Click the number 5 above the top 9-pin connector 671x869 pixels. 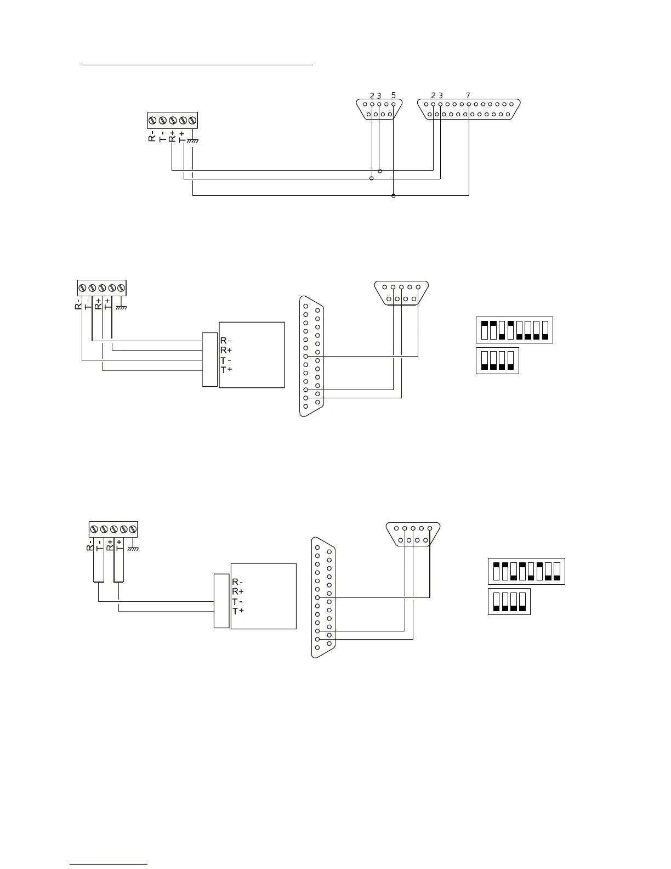[394, 95]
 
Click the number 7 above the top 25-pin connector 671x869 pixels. [468, 95]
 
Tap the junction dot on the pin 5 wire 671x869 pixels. [394, 196]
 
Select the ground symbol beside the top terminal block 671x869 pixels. [192, 141]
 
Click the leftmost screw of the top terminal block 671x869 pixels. [153, 120]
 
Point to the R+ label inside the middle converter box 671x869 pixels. [225, 350]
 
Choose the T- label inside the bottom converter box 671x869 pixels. [237, 601]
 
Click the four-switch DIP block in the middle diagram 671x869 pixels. [497, 360]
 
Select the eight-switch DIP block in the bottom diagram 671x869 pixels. [526, 571]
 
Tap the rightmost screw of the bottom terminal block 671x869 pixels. [132, 529]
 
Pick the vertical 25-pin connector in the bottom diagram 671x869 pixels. [323, 597]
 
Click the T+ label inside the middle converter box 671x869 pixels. [226, 370]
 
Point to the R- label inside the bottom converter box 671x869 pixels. [237, 582]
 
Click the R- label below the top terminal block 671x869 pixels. [152, 137]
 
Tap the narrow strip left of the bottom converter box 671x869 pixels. [221, 601]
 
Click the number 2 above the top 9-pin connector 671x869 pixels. [372, 95]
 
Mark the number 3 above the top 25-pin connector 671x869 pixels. [441, 95]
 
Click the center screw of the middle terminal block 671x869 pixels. [102, 288]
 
